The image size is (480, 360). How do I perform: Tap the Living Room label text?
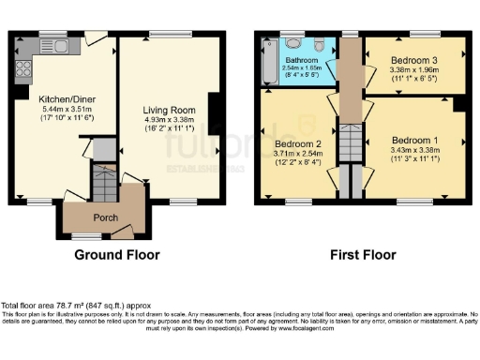tap(169, 108)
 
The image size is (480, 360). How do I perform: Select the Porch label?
tap(105, 218)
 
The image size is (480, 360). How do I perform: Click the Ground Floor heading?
tap(117, 254)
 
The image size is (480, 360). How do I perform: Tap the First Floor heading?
tap(361, 254)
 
